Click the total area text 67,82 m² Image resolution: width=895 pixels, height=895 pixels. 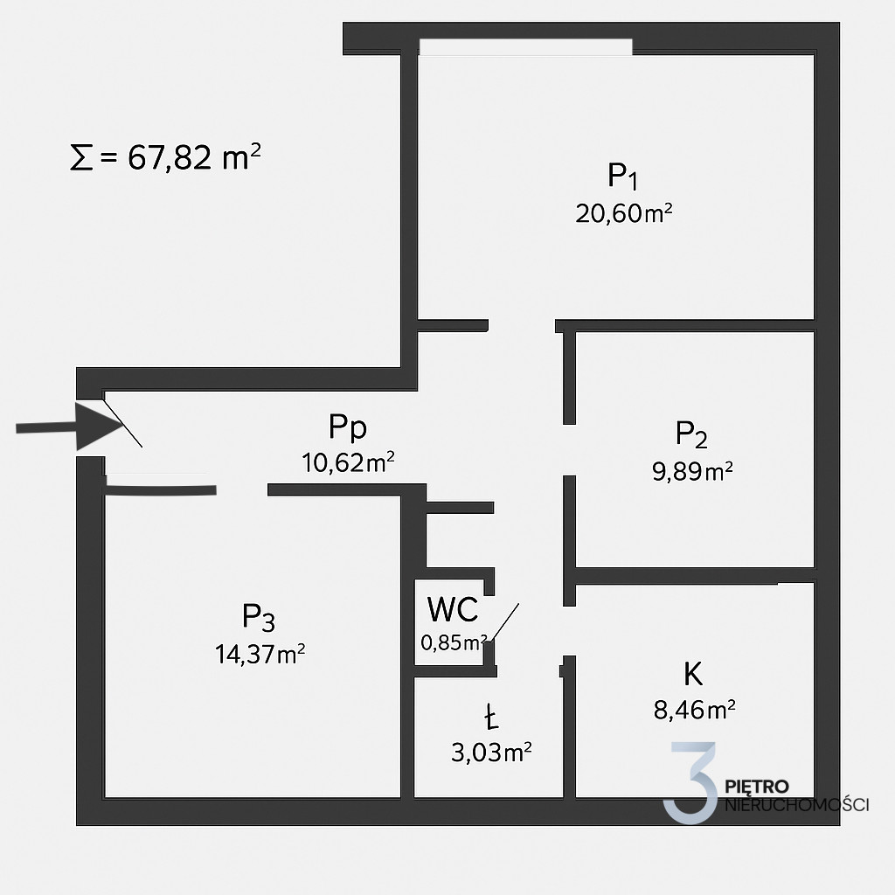pos(194,157)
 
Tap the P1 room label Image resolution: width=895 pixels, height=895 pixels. pos(622,176)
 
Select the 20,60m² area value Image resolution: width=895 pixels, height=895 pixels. pos(623,213)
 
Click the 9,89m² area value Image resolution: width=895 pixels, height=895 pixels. pos(692,471)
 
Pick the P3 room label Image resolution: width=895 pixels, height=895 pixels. pos(259,617)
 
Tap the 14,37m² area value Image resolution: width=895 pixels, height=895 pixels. pos(260,654)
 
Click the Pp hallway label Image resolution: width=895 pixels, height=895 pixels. pos(348,427)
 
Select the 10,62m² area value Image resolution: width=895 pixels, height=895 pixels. pos(348,462)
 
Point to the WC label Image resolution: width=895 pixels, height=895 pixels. pos(453,609)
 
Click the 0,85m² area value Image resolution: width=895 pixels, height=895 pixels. pos(454,642)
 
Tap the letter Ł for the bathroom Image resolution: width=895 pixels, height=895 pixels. pos(491,717)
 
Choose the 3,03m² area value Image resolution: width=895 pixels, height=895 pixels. pos(491,753)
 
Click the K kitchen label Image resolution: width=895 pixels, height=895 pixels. pos(693,674)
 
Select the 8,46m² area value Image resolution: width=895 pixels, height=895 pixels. pos(694,710)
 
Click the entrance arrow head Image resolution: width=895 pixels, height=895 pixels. pos(97,427)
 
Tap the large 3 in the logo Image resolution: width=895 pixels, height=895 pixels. pos(691,782)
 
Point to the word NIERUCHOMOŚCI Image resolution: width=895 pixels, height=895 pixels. pos(797,805)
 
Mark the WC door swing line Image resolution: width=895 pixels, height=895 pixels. pos(504,622)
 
